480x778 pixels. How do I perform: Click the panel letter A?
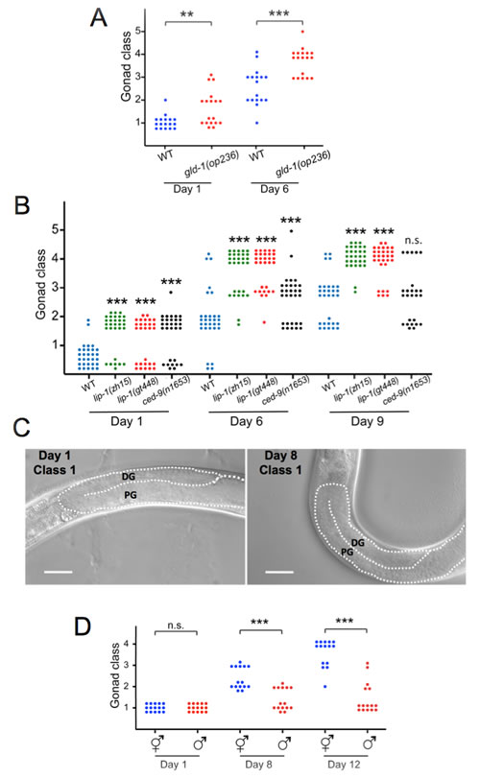pyautogui.click(x=98, y=18)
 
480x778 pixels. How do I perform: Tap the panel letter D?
pyautogui.click(x=83, y=626)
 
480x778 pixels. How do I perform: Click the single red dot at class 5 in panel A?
pyautogui.click(x=302, y=32)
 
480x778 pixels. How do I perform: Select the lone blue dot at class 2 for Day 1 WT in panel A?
pyautogui.click(x=165, y=100)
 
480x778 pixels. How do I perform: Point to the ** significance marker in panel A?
pyautogui.click(x=187, y=15)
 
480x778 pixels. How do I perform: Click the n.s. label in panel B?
pyautogui.click(x=413, y=241)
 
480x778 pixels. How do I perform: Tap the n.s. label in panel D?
pyautogui.click(x=176, y=625)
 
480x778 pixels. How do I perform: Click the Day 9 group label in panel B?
pyautogui.click(x=368, y=421)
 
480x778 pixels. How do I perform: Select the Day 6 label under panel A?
pyautogui.click(x=274, y=189)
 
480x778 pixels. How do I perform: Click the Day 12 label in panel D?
pyautogui.click(x=344, y=765)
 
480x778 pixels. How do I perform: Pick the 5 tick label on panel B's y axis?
pyautogui.click(x=55, y=229)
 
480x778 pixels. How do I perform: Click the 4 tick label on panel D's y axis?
pyautogui.click(x=126, y=644)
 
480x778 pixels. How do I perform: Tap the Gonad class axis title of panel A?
pyautogui.click(x=126, y=66)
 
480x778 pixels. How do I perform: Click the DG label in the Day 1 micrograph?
pyautogui.click(x=128, y=477)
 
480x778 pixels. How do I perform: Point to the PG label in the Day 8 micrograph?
pyautogui.click(x=347, y=552)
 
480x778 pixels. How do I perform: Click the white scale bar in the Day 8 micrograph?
pyautogui.click(x=279, y=572)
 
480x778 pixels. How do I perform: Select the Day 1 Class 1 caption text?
pyautogui.click(x=55, y=462)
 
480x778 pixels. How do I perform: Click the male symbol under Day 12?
pyautogui.click(x=368, y=743)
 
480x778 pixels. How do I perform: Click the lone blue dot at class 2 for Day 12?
pyautogui.click(x=325, y=687)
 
